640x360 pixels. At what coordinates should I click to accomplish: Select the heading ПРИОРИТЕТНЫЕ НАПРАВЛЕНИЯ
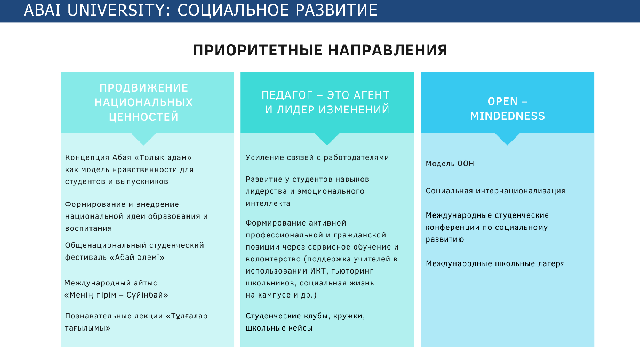tap(320, 50)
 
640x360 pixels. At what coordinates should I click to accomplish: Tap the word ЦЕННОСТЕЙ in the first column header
tap(144, 117)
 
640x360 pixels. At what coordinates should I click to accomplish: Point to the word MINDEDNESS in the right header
tap(508, 116)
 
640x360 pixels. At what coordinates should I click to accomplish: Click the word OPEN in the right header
tap(503, 101)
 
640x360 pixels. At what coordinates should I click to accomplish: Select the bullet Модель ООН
tap(450, 164)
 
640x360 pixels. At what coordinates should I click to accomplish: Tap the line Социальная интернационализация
tap(496, 191)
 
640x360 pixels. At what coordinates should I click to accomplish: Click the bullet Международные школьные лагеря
tap(495, 264)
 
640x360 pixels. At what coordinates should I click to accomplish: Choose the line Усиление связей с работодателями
tap(317, 157)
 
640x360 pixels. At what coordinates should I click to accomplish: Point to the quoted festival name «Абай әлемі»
tap(137, 257)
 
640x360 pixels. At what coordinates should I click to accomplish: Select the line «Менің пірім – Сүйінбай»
tap(116, 295)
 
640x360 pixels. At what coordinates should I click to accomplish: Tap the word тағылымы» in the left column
tap(88, 328)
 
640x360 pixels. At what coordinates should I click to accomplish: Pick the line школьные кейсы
tap(279, 328)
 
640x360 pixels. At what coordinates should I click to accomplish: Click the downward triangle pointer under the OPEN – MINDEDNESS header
tap(508, 139)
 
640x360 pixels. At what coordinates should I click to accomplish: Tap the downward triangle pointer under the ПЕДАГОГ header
tap(327, 139)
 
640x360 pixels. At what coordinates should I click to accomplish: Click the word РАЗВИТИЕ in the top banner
tap(337, 10)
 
